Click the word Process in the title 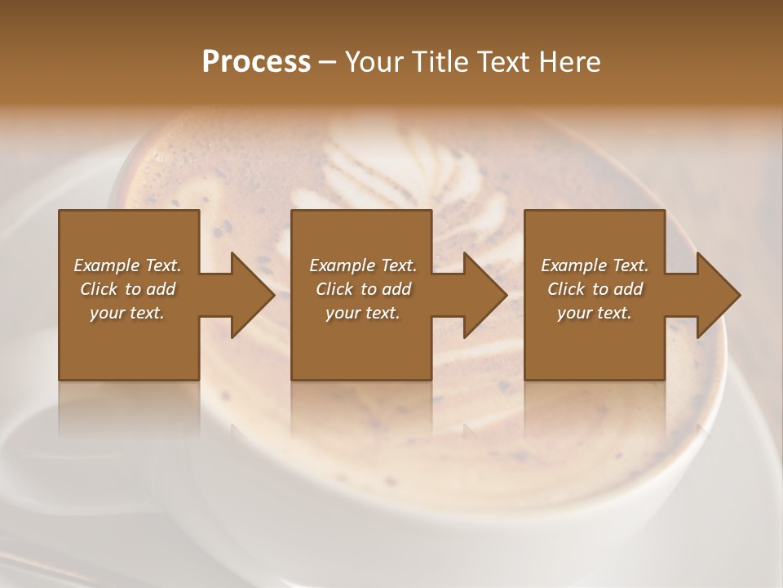256,62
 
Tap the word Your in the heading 371,62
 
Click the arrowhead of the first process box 251,295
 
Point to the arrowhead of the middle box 484,295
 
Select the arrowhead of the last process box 718,295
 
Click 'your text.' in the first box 127,313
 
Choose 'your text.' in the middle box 363,313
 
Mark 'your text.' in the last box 595,313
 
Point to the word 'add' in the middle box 396,289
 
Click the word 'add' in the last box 628,289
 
